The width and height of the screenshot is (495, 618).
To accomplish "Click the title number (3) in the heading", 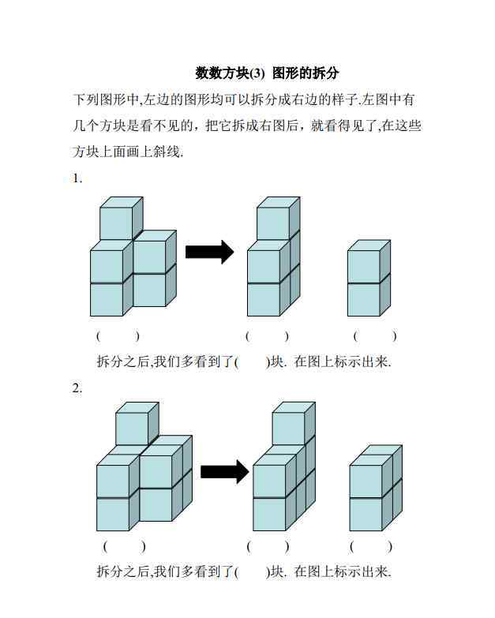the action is pos(257,73).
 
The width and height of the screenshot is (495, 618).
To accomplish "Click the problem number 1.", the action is pos(77,178).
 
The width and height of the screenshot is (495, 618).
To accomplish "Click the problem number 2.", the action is pos(77,388).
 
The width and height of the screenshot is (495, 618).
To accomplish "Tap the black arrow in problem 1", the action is pos(210,252).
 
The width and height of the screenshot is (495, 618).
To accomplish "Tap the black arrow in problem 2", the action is pos(225,471).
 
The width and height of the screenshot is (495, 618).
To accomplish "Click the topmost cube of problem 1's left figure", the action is pos(121,219).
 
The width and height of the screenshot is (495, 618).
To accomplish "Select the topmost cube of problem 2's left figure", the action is pos(137,424).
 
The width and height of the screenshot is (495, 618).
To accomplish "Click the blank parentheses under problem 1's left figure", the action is pos(118,336).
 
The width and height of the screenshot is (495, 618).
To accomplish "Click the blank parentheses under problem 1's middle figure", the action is pos(267,336).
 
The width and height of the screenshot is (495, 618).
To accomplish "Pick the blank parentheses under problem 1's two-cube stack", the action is pos(375,336).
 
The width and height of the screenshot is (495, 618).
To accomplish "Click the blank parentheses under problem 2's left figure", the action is pos(125,546).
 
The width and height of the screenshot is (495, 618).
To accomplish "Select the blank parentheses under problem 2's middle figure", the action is pos(268,546).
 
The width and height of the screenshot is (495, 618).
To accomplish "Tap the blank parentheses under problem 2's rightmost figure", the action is pos(371,546).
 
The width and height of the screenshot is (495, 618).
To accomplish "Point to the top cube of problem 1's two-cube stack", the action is pos(369,261).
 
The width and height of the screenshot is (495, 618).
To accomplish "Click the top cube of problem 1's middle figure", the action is pos(278,219).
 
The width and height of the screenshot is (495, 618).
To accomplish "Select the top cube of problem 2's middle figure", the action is pos(294,424).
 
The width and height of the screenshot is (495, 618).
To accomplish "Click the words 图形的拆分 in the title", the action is pos(306,73).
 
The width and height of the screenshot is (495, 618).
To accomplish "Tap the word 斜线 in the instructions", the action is pos(167,152).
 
